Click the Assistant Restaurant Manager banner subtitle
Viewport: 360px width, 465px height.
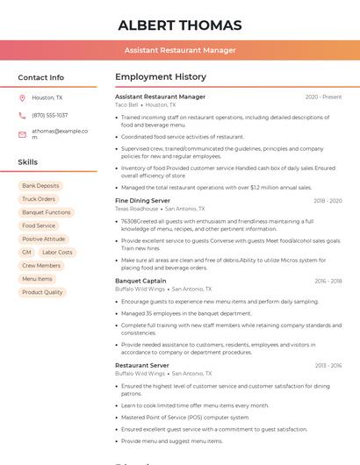180,50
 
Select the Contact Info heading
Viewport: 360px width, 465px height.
40,77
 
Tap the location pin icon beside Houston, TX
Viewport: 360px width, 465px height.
22,97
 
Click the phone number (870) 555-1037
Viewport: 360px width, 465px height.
49,115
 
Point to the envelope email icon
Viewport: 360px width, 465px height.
22,133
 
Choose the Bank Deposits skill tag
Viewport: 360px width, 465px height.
40,186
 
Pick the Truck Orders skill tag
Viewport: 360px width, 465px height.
39,199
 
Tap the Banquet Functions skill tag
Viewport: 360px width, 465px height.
47,212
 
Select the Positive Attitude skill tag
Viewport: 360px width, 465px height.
44,239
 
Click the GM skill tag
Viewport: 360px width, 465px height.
26,252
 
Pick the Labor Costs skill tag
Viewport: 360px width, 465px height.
58,252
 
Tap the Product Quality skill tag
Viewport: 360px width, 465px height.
42,292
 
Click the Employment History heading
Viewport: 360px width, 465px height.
161,77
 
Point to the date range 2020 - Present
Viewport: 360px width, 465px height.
323,97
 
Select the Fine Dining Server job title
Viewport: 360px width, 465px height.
142,201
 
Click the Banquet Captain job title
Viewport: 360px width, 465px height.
140,281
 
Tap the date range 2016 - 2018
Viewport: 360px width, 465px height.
328,281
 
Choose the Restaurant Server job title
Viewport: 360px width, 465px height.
142,365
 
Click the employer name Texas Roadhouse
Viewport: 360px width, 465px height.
136,209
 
